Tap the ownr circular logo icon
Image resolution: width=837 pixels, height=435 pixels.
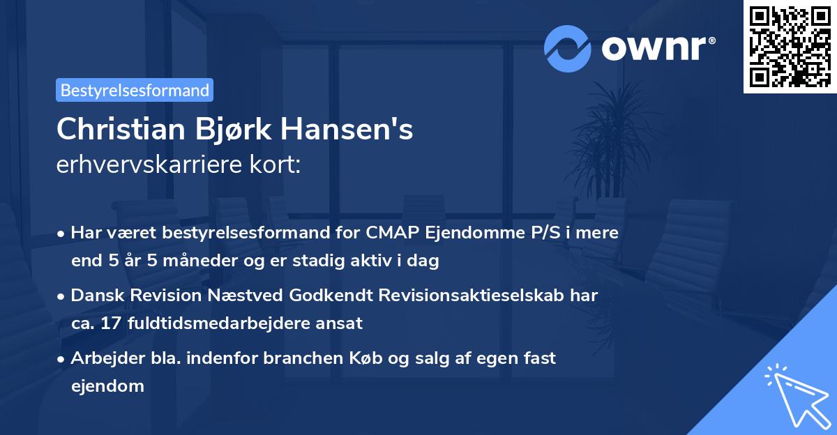[x=568, y=49]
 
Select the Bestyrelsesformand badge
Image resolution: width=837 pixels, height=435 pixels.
[x=135, y=90]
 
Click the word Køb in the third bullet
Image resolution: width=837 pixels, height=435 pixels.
[x=368, y=358]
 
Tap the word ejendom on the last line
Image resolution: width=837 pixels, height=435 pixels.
[x=107, y=386]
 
